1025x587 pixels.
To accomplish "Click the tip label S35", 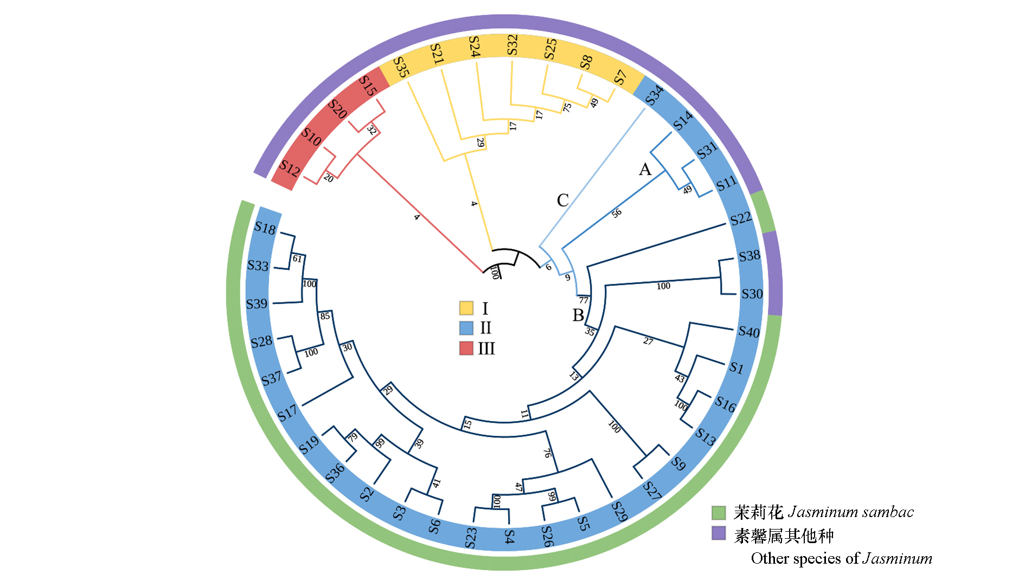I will pos(401,67).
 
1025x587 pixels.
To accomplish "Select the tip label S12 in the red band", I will pos(290,169).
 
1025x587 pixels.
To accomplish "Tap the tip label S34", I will pos(655,95).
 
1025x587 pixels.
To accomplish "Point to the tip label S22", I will pos(741,218).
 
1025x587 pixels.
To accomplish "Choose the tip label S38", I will pos(749,256).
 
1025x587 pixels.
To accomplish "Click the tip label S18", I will pos(265,228).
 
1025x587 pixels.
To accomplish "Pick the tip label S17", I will pos(287,413).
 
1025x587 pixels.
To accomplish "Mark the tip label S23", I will pos(471,537).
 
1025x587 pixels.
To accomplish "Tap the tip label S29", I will pos(619,511).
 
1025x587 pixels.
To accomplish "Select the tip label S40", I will pos(749,332).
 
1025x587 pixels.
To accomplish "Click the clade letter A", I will pos(645,170).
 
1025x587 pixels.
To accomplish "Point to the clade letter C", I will pos(563,201).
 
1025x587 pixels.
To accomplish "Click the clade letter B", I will pos(578,315).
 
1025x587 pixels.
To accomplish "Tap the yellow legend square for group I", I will pos(466,308).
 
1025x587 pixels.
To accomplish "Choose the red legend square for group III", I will pos(466,348).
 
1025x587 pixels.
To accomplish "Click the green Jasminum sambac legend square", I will pos(719,512).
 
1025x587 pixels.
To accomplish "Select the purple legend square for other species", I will pos(719,533).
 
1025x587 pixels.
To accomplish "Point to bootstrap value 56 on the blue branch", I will pos(617,214).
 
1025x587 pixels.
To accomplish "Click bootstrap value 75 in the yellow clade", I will pos(567,107).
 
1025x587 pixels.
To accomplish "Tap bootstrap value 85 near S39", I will pos(325,316).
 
